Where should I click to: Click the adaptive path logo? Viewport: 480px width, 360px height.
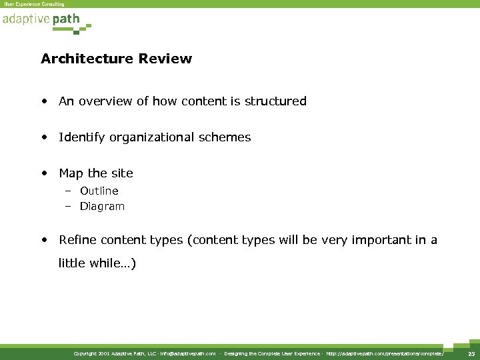(44, 21)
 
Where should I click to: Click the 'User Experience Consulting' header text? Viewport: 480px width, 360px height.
(35, 4)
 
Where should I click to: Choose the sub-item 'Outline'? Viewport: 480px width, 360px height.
(99, 191)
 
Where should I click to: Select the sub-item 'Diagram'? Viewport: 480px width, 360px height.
(102, 207)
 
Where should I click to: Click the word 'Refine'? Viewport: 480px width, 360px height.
(76, 240)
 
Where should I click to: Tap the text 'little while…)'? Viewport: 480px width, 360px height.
(97, 263)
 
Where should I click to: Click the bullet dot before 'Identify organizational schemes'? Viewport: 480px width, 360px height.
(43, 138)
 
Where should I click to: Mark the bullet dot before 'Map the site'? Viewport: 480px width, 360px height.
(43, 174)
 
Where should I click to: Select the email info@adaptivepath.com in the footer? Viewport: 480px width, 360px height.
(188, 353)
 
